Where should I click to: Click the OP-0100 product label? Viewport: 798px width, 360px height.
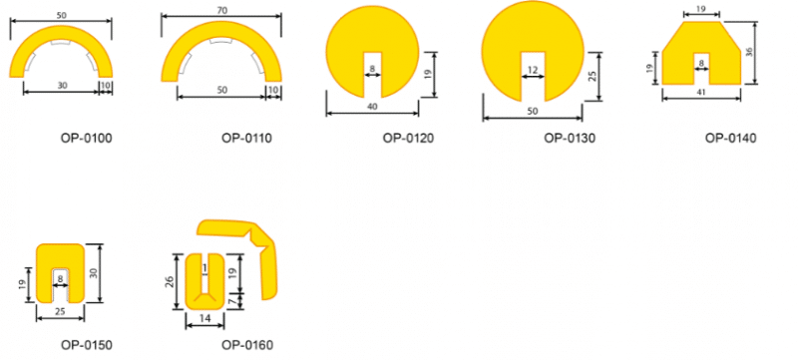[x=87, y=138]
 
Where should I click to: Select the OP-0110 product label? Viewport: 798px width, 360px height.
[x=246, y=138]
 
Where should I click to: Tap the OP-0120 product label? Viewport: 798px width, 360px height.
[x=409, y=138]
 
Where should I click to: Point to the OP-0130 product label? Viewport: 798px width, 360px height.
[x=570, y=138]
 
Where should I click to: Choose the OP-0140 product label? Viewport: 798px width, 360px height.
[x=731, y=138]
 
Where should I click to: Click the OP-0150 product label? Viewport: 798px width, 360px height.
[x=87, y=345]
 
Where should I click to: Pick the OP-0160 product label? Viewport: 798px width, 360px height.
[x=247, y=345]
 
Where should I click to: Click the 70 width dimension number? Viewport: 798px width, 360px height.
[x=220, y=10]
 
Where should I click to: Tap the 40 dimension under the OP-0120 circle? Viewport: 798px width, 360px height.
[x=371, y=107]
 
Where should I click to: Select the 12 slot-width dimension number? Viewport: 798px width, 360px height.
[x=533, y=69]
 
